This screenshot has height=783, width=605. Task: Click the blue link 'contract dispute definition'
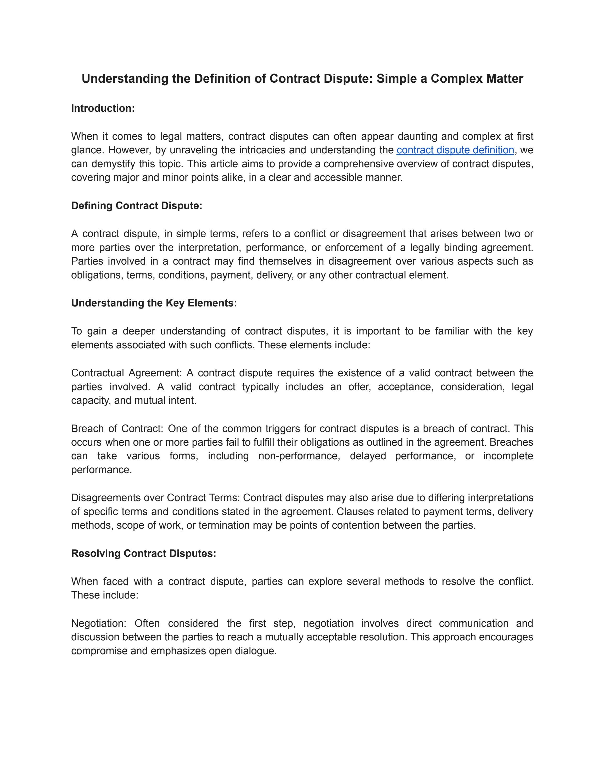tap(455, 150)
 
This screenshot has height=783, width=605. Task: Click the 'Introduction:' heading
tap(103, 108)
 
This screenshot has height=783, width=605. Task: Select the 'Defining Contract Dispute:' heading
tap(137, 206)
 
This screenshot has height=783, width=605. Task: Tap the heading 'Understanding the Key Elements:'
tap(154, 303)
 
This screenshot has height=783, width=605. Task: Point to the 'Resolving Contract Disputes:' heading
tap(143, 553)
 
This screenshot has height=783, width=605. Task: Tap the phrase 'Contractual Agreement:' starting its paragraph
tap(126, 373)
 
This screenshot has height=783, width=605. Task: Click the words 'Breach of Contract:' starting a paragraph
tap(117, 428)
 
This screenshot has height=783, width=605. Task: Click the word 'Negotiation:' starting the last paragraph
tap(99, 623)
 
